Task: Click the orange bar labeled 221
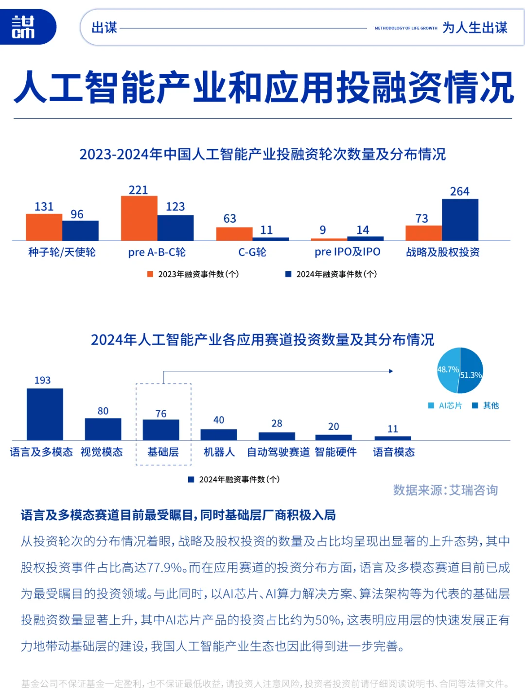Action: pyautogui.click(x=139, y=218)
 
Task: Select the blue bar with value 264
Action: pyautogui.click(x=460, y=220)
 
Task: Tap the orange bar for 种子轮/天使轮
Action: pyautogui.click(x=44, y=227)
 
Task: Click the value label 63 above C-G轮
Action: pyautogui.click(x=230, y=219)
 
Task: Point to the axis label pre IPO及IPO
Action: pyautogui.click(x=347, y=252)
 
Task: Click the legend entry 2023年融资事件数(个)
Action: pyautogui.click(x=193, y=274)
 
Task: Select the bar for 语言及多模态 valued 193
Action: pyautogui.click(x=45, y=414)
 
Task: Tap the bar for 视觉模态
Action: pyautogui.click(x=103, y=429)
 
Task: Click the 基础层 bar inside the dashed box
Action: pyautogui.click(x=161, y=430)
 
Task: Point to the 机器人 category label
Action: pyautogui.click(x=219, y=452)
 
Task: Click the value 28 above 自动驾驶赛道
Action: pyautogui.click(x=277, y=423)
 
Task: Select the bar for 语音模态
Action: pyautogui.click(x=393, y=438)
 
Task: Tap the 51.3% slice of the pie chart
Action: pyautogui.click(x=471, y=375)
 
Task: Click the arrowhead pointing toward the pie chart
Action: pyautogui.click(x=390, y=371)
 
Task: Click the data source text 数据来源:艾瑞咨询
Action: pyautogui.click(x=445, y=490)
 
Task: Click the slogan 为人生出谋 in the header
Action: pyautogui.click(x=474, y=28)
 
